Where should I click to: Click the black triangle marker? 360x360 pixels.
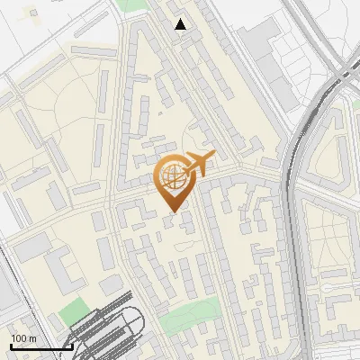[x=181, y=24]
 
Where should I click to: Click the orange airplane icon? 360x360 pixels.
[x=200, y=163]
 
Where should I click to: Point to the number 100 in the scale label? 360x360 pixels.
[x=18, y=338]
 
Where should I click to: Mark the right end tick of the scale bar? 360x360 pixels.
[x=72, y=346]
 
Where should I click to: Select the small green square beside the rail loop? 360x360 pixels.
[x=70, y=312]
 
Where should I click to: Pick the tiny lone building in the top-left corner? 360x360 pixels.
[x=33, y=14]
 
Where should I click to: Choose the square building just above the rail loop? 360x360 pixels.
[x=112, y=285]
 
